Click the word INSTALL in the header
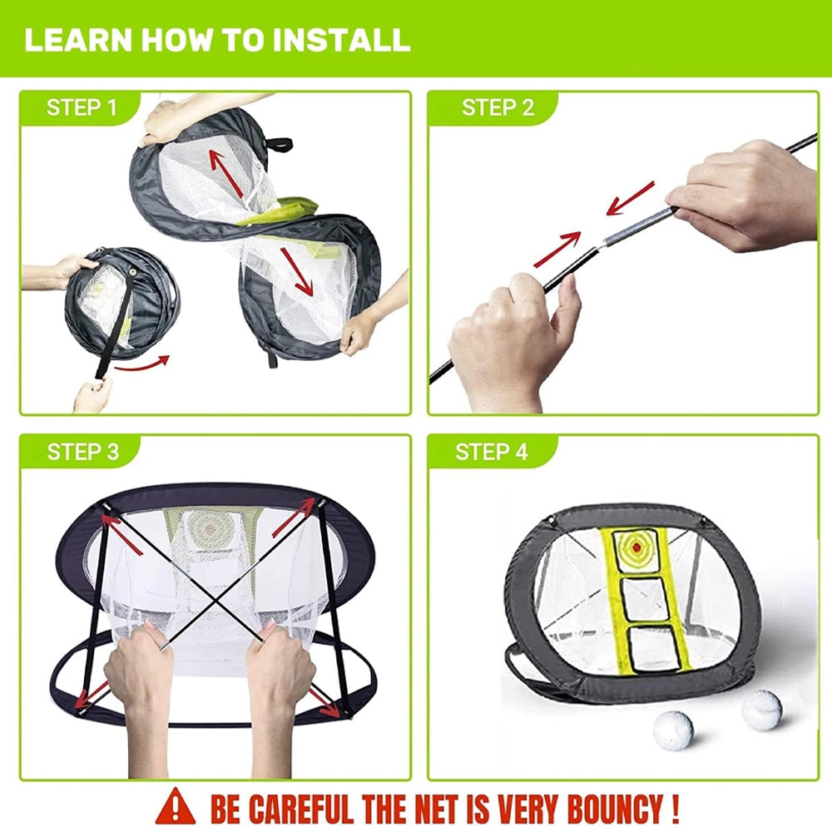click(x=341, y=40)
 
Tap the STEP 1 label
click(x=82, y=107)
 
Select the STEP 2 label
click(x=498, y=107)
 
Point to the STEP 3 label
click(x=82, y=452)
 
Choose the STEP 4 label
click(x=492, y=452)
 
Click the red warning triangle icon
click(x=175, y=806)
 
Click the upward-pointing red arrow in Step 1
click(x=226, y=174)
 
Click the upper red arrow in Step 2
click(x=630, y=198)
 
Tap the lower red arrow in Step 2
click(x=557, y=249)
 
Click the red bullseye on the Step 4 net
click(x=636, y=547)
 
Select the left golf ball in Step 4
click(x=674, y=730)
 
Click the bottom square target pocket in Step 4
click(x=651, y=651)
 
